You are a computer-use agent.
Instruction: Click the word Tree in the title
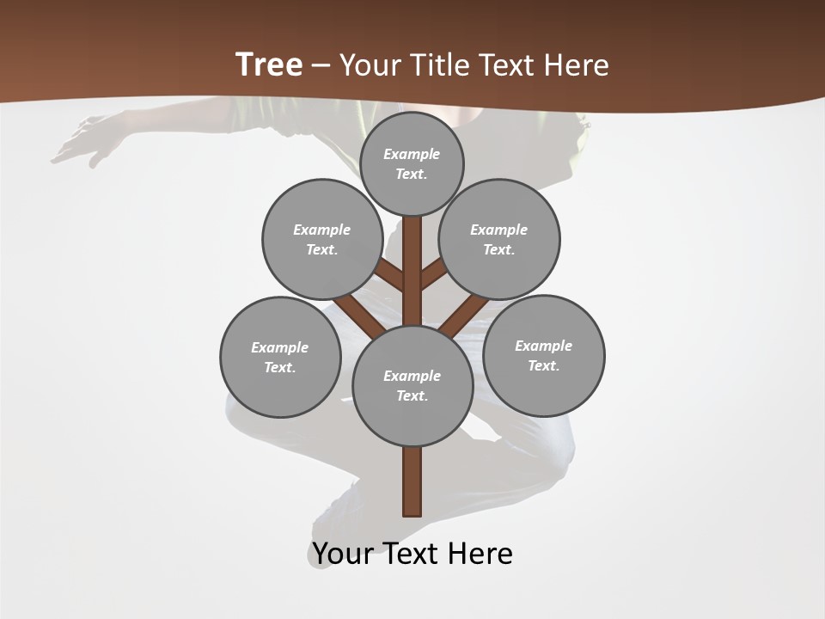[x=269, y=64]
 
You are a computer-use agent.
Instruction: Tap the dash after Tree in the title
[x=321, y=65]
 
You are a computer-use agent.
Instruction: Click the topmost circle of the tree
[x=412, y=163]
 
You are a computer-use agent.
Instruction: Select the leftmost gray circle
[x=280, y=357]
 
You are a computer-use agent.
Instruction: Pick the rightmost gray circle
[x=543, y=355]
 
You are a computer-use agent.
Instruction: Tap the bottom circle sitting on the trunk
[x=412, y=386]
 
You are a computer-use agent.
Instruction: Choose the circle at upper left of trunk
[x=321, y=239]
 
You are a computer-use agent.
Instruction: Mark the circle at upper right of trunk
[x=498, y=239]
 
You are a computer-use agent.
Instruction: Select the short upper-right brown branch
[x=433, y=274]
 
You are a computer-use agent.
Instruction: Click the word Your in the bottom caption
[x=344, y=553]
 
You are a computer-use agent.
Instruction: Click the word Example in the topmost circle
[x=412, y=154]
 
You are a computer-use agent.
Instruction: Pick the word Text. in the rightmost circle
[x=543, y=365]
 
